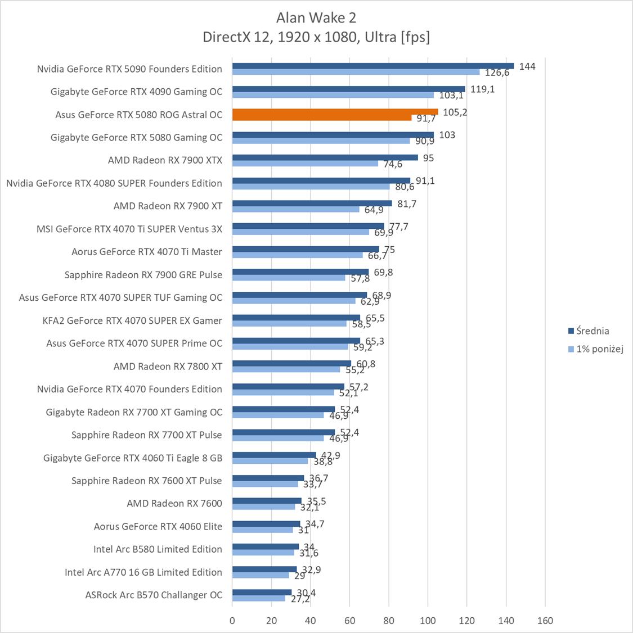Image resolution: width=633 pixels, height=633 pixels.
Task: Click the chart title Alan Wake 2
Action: [x=316, y=18]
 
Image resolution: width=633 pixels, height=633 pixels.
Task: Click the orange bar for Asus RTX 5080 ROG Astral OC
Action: [x=334, y=112]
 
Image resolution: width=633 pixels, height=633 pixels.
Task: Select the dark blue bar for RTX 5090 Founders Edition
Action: [x=372, y=66]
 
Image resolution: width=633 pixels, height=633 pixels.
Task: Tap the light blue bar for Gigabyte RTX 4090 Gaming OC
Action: [x=333, y=95]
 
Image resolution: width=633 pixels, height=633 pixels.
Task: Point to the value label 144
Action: [x=527, y=66]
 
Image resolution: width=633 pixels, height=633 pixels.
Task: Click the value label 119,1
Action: [x=483, y=89]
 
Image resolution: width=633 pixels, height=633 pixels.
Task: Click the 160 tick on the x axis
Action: [x=545, y=621]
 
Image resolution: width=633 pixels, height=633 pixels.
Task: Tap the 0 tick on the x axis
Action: [x=232, y=621]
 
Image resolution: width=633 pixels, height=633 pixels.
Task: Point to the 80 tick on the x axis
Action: [x=389, y=621]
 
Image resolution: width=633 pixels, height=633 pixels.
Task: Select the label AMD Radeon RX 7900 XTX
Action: [x=165, y=160]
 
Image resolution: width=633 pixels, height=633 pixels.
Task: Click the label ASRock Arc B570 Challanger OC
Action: [x=154, y=595]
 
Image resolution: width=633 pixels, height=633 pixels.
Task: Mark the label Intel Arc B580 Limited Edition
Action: [x=158, y=549]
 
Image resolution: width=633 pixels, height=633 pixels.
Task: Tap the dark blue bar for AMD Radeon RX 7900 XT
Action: [x=312, y=203]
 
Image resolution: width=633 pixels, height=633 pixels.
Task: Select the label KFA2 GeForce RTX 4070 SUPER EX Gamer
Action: [x=132, y=320]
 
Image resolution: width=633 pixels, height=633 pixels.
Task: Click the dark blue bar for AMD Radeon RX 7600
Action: [x=267, y=500]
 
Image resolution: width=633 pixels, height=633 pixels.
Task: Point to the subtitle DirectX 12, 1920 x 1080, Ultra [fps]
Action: [x=316, y=37]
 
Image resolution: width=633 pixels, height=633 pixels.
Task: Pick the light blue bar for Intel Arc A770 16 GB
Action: [x=261, y=575]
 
